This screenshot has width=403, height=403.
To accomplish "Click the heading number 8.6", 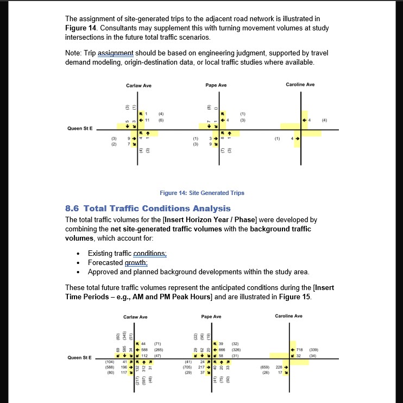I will [72, 209].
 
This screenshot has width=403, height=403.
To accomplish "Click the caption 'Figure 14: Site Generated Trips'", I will [202, 193].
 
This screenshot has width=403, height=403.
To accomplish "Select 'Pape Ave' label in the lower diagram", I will [211, 316].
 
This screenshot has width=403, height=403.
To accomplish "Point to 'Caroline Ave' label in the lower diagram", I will [289, 316].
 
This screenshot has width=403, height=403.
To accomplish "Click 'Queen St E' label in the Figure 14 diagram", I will [79, 129].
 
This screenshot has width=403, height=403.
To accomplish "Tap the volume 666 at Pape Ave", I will [222, 350].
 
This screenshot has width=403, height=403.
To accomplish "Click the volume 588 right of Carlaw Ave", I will [144, 351].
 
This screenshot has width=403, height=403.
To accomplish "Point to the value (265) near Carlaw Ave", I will [159, 351].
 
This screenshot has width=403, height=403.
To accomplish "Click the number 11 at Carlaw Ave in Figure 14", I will [147, 118].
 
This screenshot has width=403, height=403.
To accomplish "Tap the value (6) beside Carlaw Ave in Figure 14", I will [161, 118].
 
